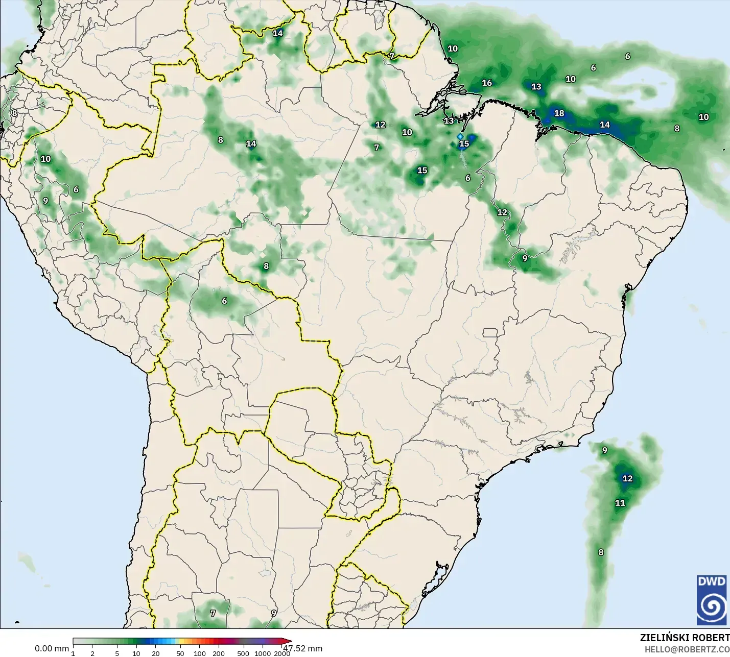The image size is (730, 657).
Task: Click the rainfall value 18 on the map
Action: (x=559, y=113)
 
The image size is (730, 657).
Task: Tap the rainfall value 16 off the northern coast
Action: (x=487, y=83)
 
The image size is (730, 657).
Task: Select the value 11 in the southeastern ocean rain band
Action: (x=620, y=503)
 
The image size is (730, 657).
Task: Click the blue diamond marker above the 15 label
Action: (x=460, y=137)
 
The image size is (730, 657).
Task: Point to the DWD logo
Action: (x=712, y=600)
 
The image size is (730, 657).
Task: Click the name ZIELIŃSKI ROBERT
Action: (x=685, y=638)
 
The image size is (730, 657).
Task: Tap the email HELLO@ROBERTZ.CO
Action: (x=687, y=649)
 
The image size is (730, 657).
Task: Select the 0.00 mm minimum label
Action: (x=52, y=648)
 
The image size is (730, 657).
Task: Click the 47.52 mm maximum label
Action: (x=303, y=648)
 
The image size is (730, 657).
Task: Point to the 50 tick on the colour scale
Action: (x=180, y=653)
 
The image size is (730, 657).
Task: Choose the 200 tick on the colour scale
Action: (x=219, y=653)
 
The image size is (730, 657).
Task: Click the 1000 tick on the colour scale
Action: (x=263, y=653)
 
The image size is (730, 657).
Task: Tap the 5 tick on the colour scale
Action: (x=117, y=653)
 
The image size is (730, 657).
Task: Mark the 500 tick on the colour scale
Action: (x=243, y=653)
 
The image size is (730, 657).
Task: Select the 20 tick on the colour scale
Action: (x=155, y=653)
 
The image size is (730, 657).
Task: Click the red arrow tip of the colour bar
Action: (x=289, y=641)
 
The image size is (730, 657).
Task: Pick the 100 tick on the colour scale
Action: (x=200, y=653)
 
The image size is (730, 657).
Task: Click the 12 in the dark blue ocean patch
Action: (x=627, y=478)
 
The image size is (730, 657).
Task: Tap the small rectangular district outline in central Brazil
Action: (x=490, y=333)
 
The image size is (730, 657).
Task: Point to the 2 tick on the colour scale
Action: (x=92, y=653)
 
